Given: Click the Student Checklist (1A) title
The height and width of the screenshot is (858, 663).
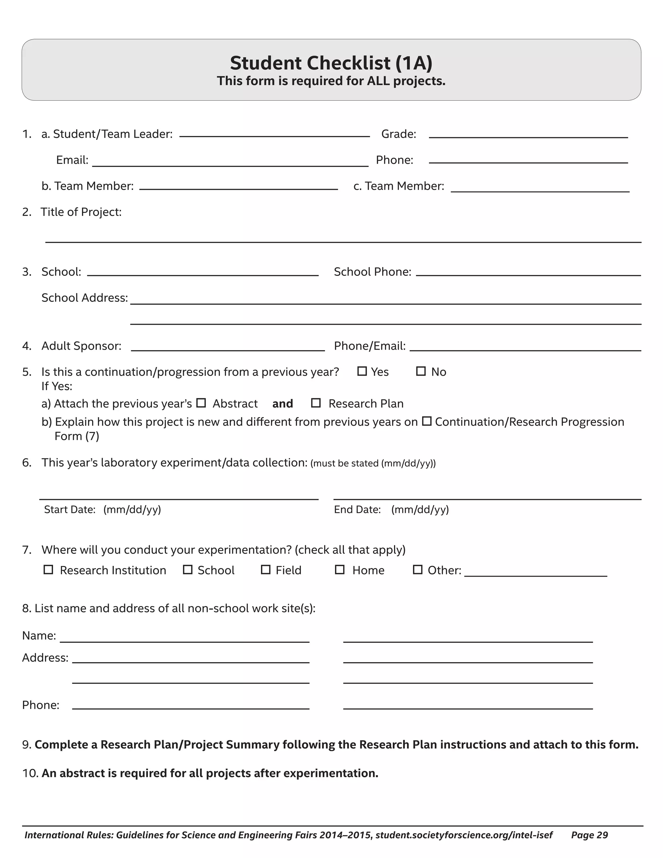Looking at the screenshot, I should click(331, 63).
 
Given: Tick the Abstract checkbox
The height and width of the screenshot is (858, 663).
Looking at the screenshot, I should click(201, 403).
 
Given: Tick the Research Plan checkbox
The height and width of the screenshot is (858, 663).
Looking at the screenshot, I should click(316, 403).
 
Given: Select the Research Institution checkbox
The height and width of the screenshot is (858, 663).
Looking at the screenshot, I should click(48, 570).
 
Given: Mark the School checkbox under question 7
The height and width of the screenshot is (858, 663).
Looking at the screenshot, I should click(188, 570).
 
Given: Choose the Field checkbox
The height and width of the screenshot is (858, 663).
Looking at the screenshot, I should click(266, 570).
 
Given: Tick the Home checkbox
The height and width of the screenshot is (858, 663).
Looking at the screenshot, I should click(340, 570).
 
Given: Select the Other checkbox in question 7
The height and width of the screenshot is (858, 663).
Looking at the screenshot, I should click(418, 570).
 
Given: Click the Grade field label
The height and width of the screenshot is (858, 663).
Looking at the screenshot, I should click(399, 134).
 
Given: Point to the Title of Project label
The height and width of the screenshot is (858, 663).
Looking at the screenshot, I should click(81, 212).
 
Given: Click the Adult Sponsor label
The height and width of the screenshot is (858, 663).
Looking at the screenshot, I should click(81, 346).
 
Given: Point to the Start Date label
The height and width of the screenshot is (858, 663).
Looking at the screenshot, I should click(70, 510).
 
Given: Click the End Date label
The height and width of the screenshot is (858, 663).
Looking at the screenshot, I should click(357, 510).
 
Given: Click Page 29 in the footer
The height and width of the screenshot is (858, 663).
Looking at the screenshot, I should click(590, 835).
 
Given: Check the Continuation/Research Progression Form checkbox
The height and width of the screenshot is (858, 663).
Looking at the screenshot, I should click(427, 421).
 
